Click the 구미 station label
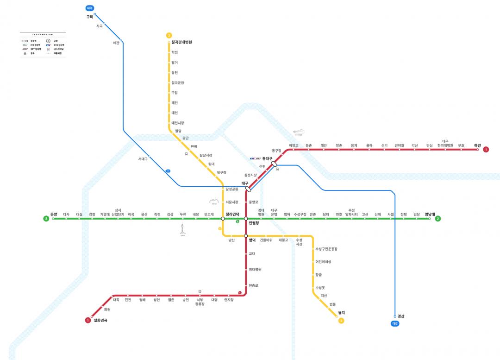tap(89, 17)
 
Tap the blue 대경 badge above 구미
tap(90, 8)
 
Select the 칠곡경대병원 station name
tap(181, 42)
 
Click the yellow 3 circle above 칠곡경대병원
tap(169, 35)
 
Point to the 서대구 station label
tap(143, 159)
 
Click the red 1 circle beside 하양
tap(486, 149)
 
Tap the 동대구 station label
tap(267, 158)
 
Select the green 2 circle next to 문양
tap(46, 219)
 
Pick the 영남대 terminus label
tap(430, 214)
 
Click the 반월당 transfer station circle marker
tap(246, 219)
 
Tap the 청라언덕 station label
tap(232, 214)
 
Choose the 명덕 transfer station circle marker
tap(246, 236)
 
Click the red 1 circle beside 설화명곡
tap(87, 320)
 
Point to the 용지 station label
tap(341, 313)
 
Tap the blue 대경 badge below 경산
tap(395, 323)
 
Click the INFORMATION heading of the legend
tap(43, 35)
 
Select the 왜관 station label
tap(116, 43)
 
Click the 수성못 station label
tap(320, 288)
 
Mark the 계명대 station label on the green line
tap(105, 214)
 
